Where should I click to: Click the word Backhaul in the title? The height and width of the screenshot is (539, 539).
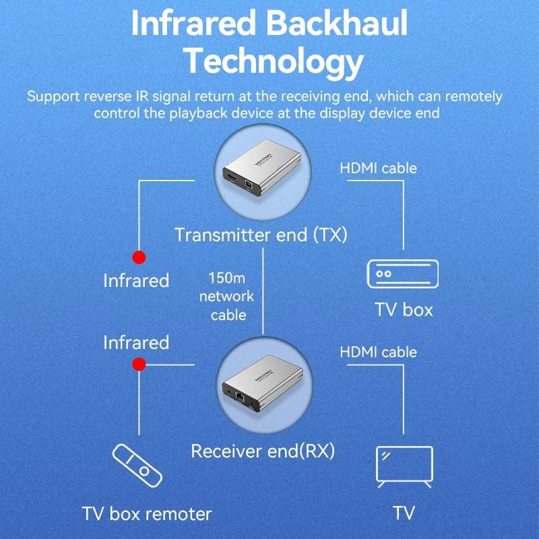338,24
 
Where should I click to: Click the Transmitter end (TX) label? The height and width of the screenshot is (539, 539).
261,234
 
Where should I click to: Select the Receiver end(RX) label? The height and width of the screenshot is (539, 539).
263,450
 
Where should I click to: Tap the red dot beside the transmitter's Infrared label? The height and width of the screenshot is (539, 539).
139,257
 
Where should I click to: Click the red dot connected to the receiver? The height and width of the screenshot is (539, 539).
139,364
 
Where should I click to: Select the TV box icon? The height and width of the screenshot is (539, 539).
402,274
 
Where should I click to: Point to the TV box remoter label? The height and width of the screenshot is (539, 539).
147,514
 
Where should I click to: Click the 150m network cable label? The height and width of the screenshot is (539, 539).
232,296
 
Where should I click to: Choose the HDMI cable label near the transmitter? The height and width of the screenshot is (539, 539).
379,168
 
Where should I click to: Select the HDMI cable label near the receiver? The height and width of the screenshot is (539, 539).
379,352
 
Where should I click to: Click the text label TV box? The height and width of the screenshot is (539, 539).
404,310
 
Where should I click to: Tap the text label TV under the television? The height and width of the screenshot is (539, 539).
404,513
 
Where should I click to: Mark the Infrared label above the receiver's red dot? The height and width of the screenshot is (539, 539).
135,342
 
